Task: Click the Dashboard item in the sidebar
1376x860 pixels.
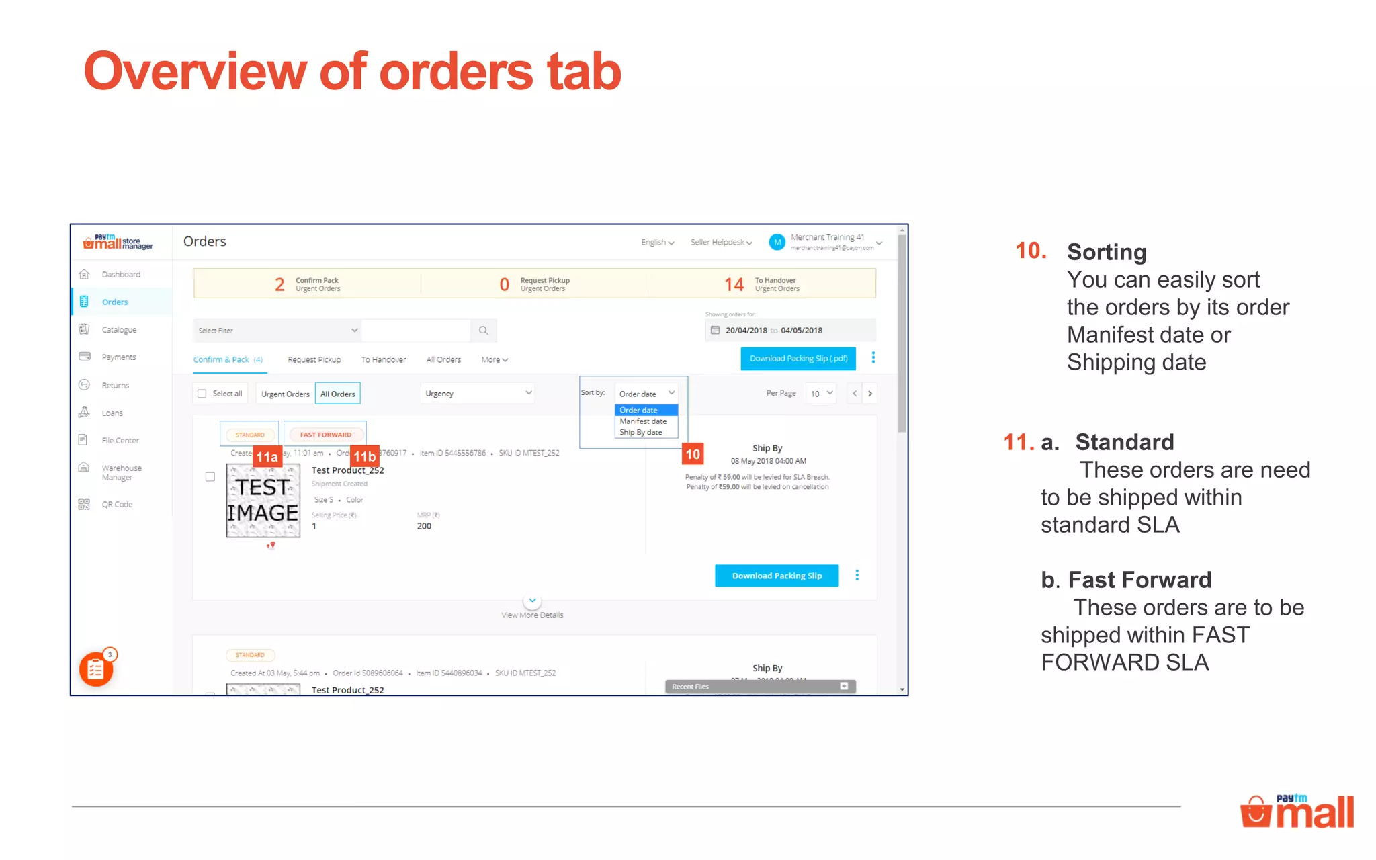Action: coord(120,274)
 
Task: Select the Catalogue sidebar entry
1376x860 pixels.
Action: coord(118,329)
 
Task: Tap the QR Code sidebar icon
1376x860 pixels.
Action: coord(84,504)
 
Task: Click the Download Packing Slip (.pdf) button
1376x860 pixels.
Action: coord(798,359)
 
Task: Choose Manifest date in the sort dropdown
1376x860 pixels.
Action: coord(643,421)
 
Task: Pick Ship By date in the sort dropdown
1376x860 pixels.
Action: coord(640,433)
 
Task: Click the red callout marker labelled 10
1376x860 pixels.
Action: coord(693,454)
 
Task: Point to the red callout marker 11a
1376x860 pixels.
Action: coord(267,457)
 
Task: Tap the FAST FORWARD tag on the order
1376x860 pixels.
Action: coord(325,435)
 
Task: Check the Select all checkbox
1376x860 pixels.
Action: coord(202,394)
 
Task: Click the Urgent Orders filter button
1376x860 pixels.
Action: coord(285,394)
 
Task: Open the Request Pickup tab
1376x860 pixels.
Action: coord(314,359)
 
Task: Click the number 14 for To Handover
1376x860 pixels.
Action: coord(734,284)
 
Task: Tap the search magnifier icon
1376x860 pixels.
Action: coord(483,331)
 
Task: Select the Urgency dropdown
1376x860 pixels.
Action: coord(478,394)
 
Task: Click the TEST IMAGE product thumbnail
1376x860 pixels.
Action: coord(263,501)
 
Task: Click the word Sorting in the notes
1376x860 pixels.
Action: coord(1106,252)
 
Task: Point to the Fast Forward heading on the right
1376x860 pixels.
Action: coord(1139,579)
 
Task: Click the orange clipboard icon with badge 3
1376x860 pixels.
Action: coord(96,669)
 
